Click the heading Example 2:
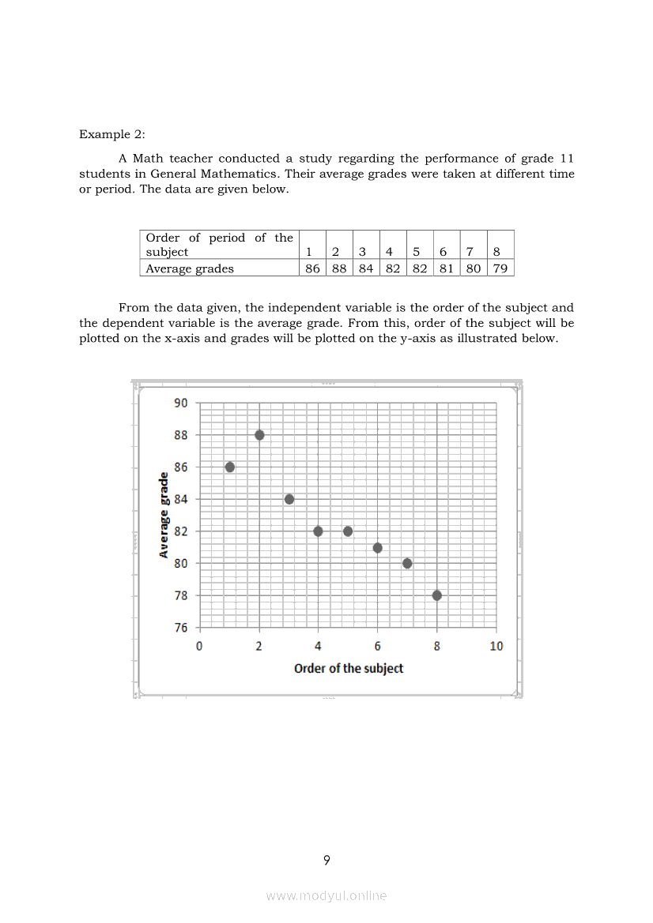pos(112,134)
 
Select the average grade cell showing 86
pos(313,268)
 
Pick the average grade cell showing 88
pos(339,268)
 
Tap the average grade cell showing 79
pos(500,268)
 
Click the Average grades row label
pos(190,268)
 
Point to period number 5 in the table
pos(416,252)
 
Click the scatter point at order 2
pos(259,435)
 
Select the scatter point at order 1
pos(230,467)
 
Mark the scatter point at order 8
pos(437,595)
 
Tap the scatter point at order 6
pos(378,548)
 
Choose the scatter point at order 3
pos(289,499)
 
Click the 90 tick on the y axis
pos(181,403)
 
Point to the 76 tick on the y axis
pos(181,628)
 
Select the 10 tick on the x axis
pos(496,646)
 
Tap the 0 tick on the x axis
pos(199,646)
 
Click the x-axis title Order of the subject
pos(349,669)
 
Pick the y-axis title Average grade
pos(164,516)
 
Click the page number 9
pos(326,861)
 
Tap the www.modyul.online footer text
pos(326,895)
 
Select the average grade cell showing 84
pos(366,268)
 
